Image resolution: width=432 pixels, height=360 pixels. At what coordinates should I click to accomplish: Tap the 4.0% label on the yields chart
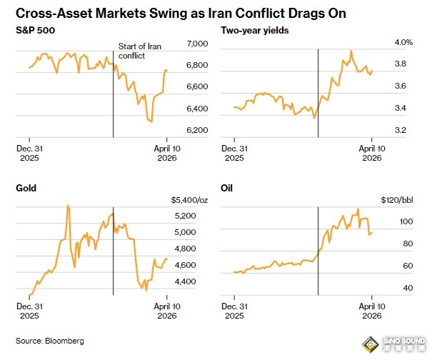[403, 43]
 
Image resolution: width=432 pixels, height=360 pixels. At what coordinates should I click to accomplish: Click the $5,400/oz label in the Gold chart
[189, 200]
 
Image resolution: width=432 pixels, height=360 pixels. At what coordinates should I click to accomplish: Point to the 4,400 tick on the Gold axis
[185, 281]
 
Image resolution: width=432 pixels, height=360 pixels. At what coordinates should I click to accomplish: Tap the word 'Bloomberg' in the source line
[65, 341]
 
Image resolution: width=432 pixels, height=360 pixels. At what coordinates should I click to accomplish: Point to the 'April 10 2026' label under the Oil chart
[371, 311]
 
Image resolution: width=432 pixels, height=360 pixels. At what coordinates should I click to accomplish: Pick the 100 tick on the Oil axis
[405, 222]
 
